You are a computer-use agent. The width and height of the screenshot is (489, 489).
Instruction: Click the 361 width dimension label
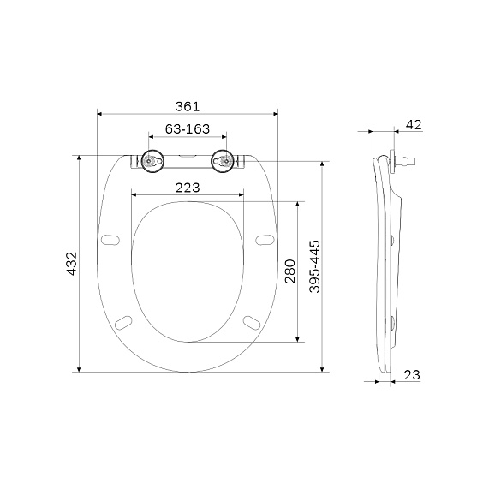click(x=187, y=106)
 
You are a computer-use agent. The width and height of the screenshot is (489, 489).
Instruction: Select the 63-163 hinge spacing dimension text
click(x=188, y=129)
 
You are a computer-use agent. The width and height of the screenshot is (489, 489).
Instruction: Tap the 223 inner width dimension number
click(x=188, y=188)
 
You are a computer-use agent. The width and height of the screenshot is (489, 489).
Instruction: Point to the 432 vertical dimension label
click(x=72, y=264)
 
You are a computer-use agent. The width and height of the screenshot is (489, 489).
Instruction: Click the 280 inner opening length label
click(x=289, y=271)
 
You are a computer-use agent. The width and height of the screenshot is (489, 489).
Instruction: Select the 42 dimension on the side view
click(x=413, y=125)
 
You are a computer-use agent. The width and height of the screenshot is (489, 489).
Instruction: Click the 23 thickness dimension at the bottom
click(x=412, y=374)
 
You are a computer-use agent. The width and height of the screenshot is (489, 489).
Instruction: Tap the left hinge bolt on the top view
click(x=152, y=161)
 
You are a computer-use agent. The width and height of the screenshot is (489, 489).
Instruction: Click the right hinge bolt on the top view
click(x=224, y=161)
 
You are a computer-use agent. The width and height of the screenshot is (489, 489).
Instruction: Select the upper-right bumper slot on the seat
click(x=264, y=237)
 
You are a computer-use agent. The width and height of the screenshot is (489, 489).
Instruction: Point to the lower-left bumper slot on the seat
click(x=125, y=321)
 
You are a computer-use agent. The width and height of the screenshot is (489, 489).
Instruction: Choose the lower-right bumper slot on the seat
click(x=253, y=321)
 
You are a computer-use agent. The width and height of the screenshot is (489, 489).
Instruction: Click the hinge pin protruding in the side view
click(x=408, y=159)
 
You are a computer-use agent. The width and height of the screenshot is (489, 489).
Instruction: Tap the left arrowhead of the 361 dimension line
click(x=100, y=113)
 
